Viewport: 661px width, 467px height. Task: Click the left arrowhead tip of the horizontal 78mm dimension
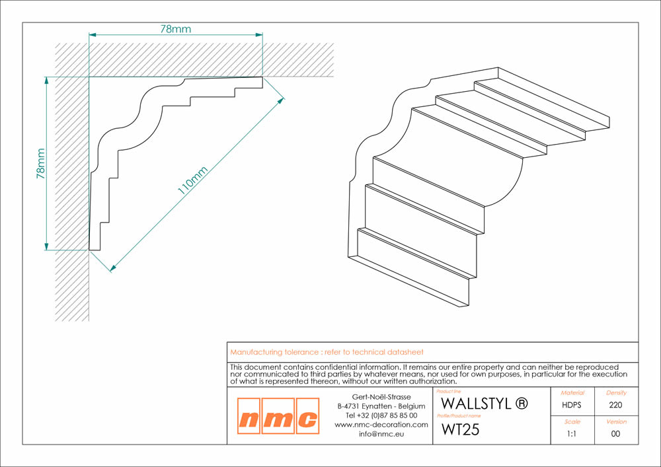pos(89,34)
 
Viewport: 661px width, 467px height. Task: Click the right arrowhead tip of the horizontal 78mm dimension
pos(262,34)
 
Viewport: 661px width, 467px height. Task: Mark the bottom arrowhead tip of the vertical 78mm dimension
pos(46,250)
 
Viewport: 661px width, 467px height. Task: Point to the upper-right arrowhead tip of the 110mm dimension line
pos(284,98)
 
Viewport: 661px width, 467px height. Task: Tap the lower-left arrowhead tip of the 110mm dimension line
pos(110,271)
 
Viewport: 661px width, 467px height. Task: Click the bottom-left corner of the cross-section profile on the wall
pos(89,250)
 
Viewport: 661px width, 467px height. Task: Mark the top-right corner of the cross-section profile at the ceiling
pos(262,77)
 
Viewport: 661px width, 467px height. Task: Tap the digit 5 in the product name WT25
pos(474,429)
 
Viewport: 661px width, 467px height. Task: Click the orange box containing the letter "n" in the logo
pos(249,416)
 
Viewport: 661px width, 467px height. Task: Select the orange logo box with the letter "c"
pos(308,416)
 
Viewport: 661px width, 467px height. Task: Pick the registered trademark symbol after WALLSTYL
pos(522,404)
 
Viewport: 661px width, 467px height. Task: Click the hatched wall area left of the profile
pos(71,198)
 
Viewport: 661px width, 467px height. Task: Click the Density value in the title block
pos(615,405)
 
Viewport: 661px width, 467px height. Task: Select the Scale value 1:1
pos(572,434)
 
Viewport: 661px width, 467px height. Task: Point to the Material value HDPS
pos(572,405)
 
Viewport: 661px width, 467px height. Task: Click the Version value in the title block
pos(615,434)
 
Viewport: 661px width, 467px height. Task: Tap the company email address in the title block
pos(381,434)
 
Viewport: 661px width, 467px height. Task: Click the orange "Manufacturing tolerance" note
pos(327,352)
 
